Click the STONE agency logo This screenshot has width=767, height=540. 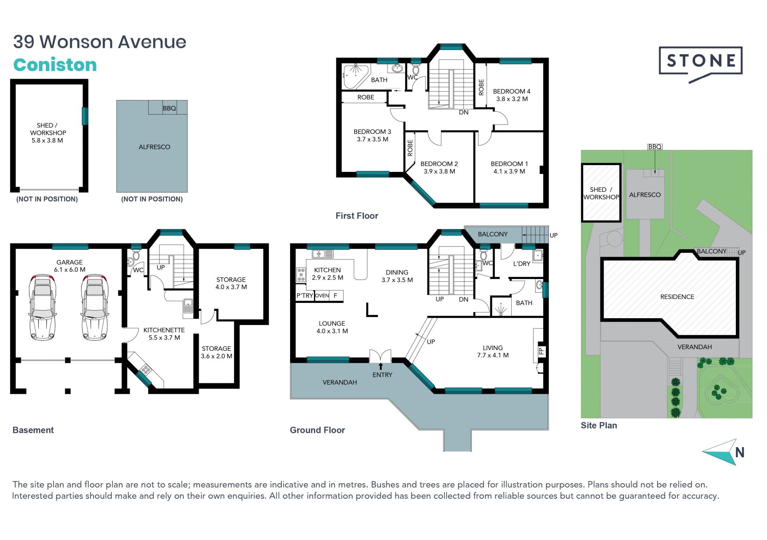pyautogui.click(x=700, y=64)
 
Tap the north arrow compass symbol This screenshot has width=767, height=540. pyautogui.click(x=723, y=452)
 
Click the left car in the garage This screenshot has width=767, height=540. pyautogui.click(x=42, y=307)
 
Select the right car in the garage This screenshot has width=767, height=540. pyautogui.click(x=95, y=307)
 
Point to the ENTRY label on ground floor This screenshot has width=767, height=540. pyautogui.click(x=382, y=375)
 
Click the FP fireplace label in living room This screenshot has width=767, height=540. pyautogui.click(x=541, y=351)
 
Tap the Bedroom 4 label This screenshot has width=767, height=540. pyautogui.click(x=511, y=91)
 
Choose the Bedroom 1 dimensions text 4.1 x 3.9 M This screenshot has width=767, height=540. pyautogui.click(x=509, y=171)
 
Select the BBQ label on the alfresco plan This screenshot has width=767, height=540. pyautogui.click(x=169, y=108)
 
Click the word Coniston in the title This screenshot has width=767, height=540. pyautogui.click(x=55, y=65)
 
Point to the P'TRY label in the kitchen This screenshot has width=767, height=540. pyautogui.click(x=304, y=296)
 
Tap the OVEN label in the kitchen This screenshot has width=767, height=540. pyautogui.click(x=322, y=296)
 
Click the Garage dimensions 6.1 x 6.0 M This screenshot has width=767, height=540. pyautogui.click(x=70, y=270)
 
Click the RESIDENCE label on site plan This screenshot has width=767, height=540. pyautogui.click(x=677, y=297)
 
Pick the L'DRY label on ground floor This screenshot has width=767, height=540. pyautogui.click(x=522, y=264)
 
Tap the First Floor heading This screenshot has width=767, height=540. pyautogui.click(x=357, y=216)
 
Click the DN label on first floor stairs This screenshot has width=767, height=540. pyautogui.click(x=463, y=112)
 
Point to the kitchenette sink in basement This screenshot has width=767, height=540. pyautogui.click(x=188, y=308)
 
